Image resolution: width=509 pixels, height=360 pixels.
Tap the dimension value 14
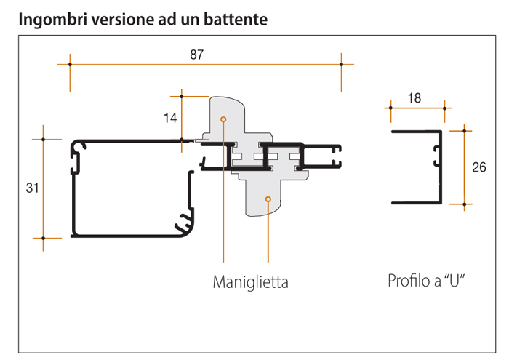(x=170, y=116)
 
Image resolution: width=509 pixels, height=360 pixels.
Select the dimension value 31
(x=32, y=188)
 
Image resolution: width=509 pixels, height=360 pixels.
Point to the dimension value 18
(x=414, y=98)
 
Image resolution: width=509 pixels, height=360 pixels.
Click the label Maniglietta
(x=250, y=281)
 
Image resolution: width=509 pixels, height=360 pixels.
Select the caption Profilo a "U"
(x=426, y=281)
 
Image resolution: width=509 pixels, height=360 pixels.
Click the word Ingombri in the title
(x=49, y=20)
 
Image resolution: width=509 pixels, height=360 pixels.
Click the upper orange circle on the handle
(x=223, y=118)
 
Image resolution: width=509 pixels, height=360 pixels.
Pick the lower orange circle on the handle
(x=268, y=199)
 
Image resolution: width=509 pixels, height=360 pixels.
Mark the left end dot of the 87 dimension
(x=70, y=65)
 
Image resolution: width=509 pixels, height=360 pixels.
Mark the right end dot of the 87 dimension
(x=341, y=65)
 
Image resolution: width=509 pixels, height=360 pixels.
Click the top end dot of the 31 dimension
(x=43, y=138)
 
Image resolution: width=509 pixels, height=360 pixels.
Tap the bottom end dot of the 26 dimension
(x=463, y=204)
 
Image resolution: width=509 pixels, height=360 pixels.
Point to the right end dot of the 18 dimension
(x=444, y=108)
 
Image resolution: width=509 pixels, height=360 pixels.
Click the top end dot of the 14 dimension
(x=181, y=95)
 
